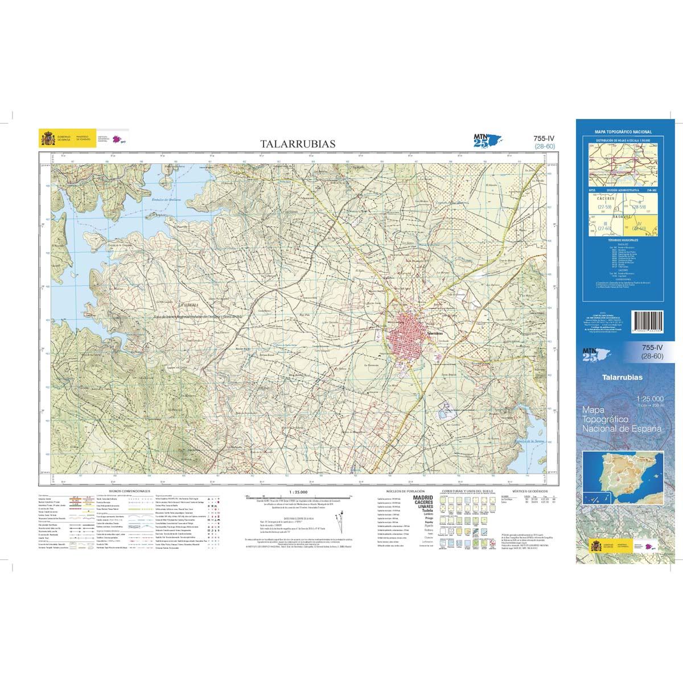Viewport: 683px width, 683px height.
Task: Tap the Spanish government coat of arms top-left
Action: coord(46,138)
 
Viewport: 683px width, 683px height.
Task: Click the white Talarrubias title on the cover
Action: coord(623,377)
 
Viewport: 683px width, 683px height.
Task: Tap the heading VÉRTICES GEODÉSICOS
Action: coord(529,490)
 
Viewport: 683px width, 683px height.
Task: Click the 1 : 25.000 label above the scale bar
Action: coord(298,491)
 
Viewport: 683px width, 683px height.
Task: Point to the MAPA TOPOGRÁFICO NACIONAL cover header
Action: coord(623,131)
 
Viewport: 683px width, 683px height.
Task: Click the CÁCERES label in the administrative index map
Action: coord(604,199)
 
